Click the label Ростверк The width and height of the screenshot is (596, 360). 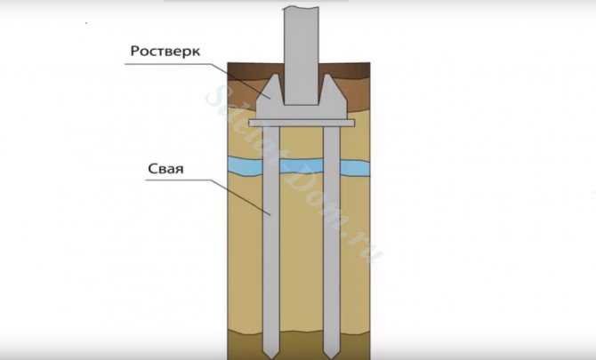click(x=165, y=52)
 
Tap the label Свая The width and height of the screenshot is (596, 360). click(x=165, y=169)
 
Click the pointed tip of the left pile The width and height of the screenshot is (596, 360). click(x=271, y=358)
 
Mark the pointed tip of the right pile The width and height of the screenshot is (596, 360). click(x=332, y=358)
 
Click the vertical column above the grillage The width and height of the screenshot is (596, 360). click(x=302, y=56)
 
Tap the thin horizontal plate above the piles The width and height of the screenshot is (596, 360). click(x=302, y=123)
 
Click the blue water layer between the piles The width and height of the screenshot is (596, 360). click(x=302, y=166)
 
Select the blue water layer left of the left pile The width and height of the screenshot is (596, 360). click(x=246, y=167)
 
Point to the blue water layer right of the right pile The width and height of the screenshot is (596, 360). click(x=355, y=167)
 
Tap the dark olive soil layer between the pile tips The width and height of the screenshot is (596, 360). click(x=302, y=346)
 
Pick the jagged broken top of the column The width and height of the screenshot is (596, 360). click(x=302, y=8)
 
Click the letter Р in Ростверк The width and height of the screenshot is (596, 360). click(x=134, y=52)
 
